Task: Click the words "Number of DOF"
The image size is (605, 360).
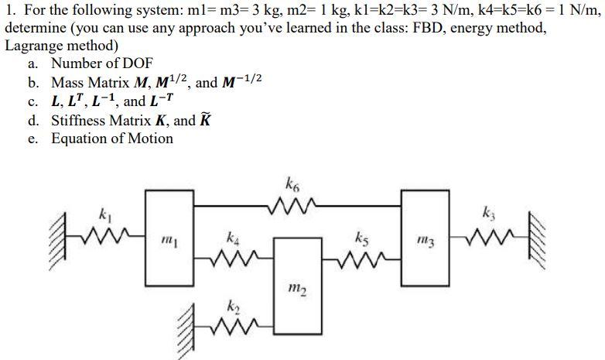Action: point(102,63)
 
